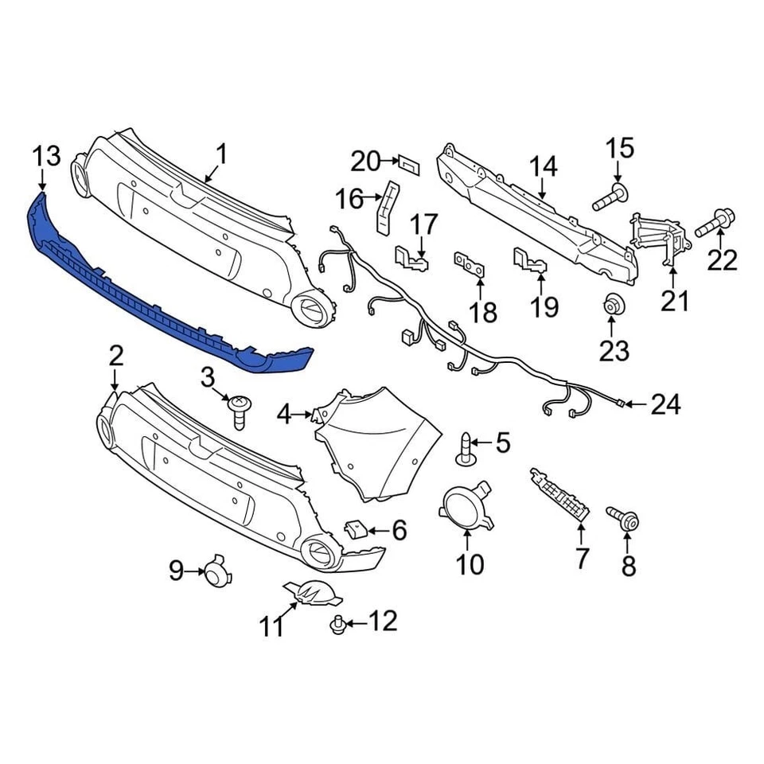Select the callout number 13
pyautogui.click(x=47, y=156)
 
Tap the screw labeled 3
pyautogui.click(x=238, y=411)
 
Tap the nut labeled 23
pyautogui.click(x=611, y=306)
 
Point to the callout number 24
pyautogui.click(x=665, y=405)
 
